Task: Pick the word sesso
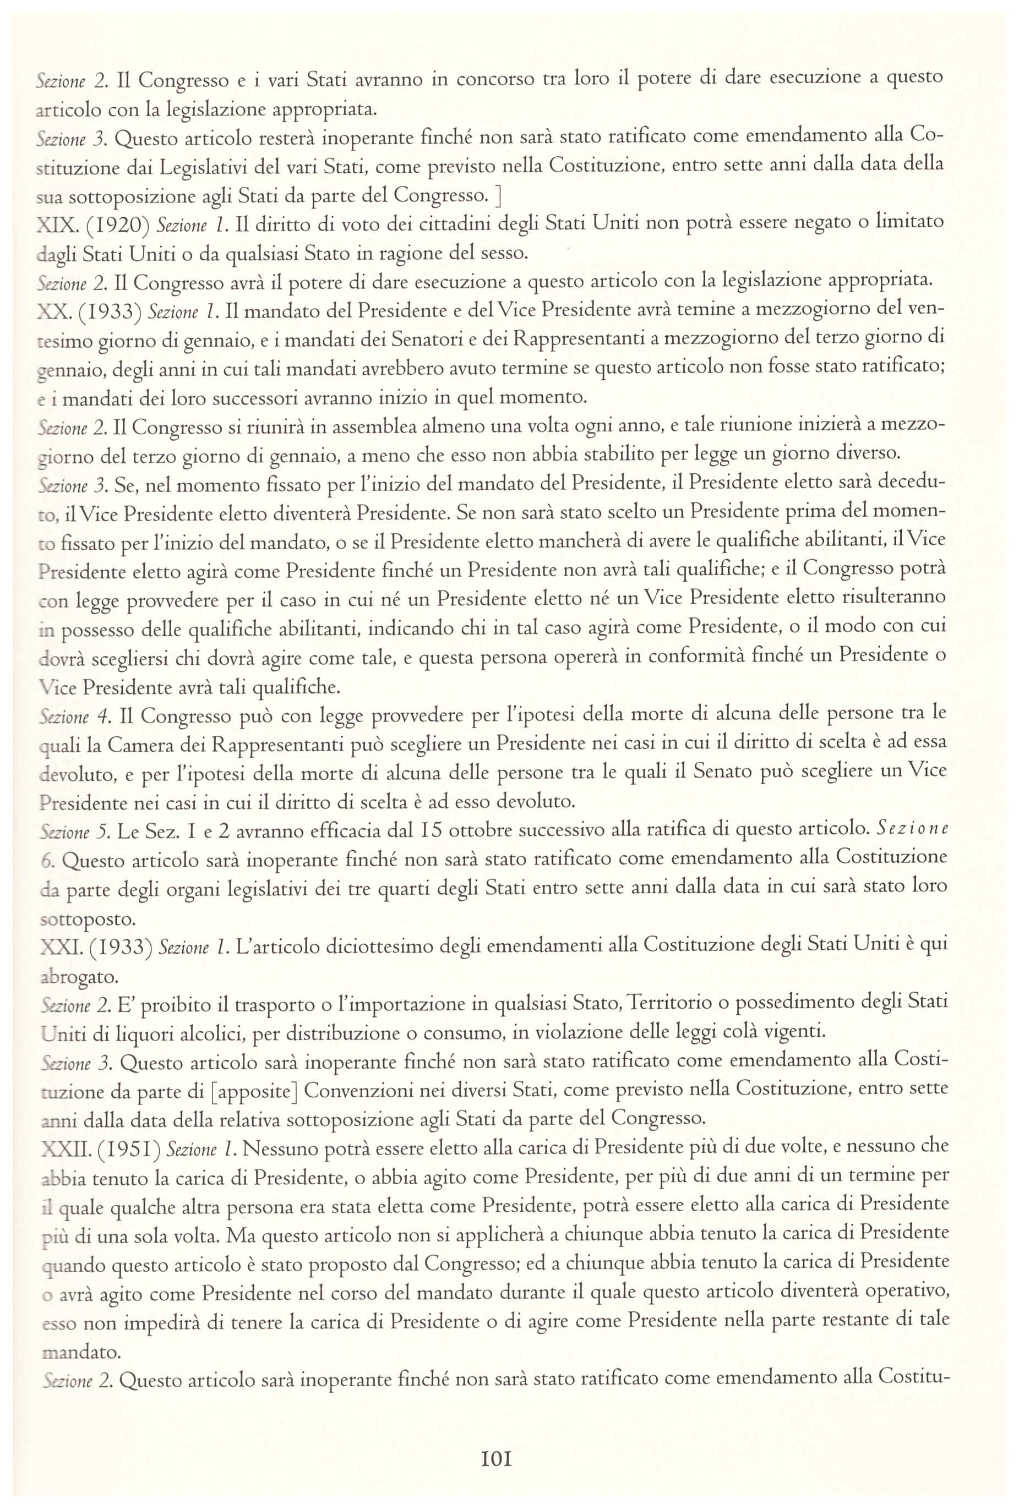coord(501,252)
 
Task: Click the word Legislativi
coord(203,167)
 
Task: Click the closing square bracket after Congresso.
coord(497,195)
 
